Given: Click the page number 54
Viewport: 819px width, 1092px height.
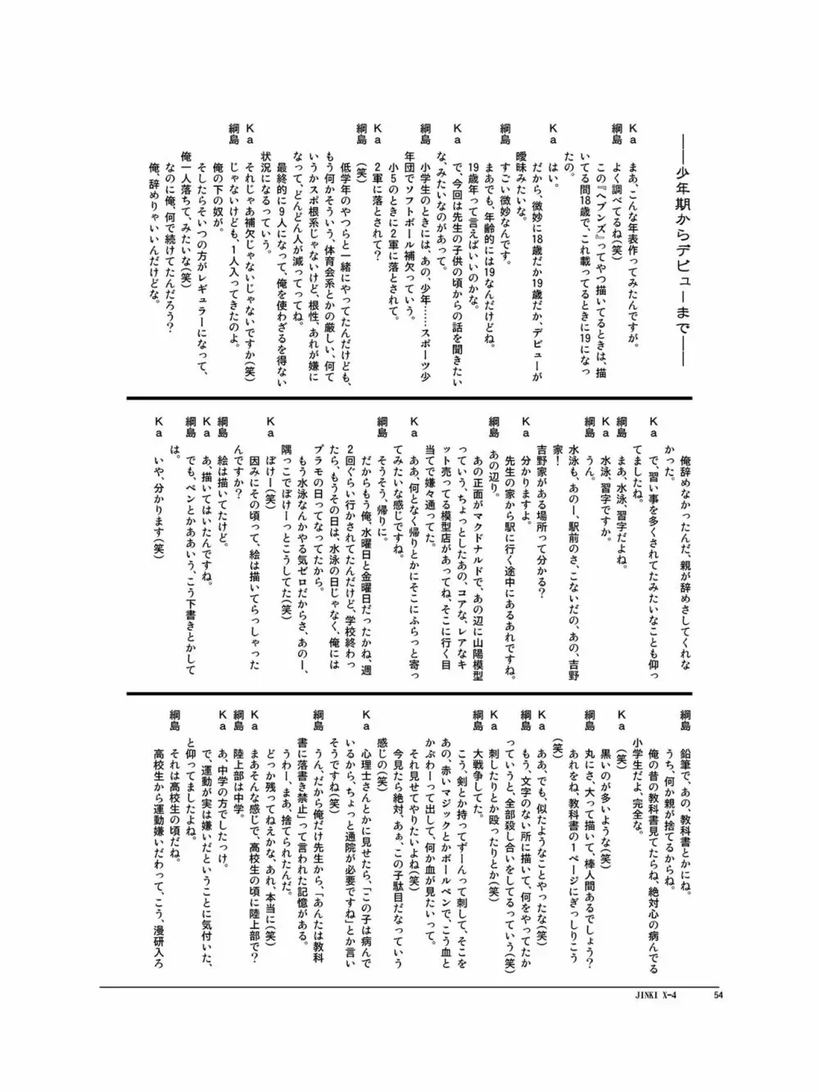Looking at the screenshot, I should (718, 995).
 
